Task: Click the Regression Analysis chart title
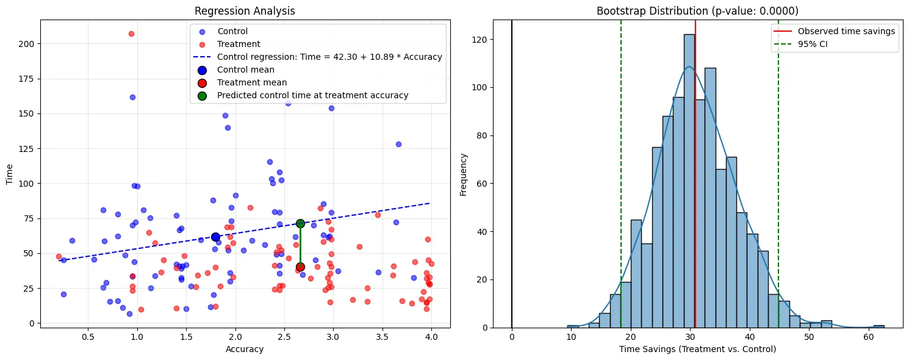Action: click(245, 11)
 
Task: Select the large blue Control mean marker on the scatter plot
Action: click(215, 237)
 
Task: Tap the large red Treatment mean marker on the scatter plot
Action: click(300, 267)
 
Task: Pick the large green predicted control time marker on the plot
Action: click(300, 223)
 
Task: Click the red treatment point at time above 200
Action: click(131, 34)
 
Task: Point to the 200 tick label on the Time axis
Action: click(27, 44)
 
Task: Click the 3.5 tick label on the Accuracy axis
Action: click(383, 335)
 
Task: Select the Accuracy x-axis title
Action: click(245, 349)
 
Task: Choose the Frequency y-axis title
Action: click(464, 173)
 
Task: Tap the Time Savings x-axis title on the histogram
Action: click(698, 349)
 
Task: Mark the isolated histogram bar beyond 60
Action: click(878, 326)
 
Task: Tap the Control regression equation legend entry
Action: click(329, 57)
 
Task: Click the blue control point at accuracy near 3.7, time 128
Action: click(398, 144)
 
